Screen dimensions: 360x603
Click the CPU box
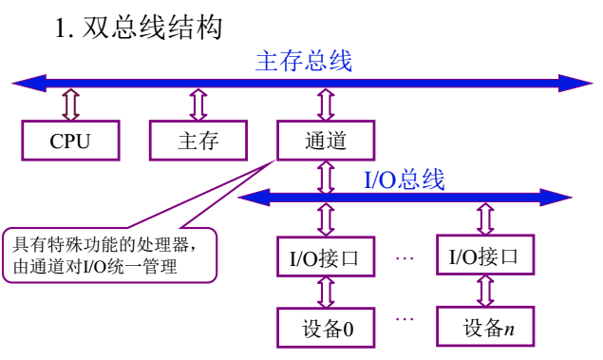click(x=70, y=142)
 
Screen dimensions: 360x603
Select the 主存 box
click(x=198, y=142)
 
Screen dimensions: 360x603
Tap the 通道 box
click(x=326, y=142)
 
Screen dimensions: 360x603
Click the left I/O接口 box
click(x=325, y=256)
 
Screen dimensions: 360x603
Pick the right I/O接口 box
click(x=484, y=255)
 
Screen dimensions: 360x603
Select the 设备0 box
click(x=325, y=328)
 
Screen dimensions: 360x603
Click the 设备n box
click(x=484, y=328)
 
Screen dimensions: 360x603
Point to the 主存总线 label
click(x=304, y=62)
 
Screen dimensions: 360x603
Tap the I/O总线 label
click(x=404, y=180)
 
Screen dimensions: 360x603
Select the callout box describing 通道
click(x=108, y=255)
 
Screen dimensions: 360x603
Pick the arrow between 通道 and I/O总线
click(x=326, y=176)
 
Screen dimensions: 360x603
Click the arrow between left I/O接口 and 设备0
click(x=325, y=292)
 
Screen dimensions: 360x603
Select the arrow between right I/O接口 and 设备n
click(x=484, y=291)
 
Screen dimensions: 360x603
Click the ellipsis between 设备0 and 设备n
click(x=405, y=318)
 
